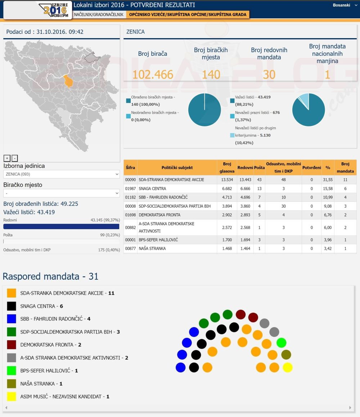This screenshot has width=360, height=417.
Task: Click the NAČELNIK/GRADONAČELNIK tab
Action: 99,14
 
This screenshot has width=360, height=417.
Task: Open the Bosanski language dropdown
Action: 344,5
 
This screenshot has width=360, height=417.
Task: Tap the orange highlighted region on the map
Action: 68,81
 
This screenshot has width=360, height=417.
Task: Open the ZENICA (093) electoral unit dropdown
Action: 61,174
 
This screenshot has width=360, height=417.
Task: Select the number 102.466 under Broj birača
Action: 153,74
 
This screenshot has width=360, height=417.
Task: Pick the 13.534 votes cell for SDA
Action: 227,180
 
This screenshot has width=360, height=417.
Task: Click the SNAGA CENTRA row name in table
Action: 152,189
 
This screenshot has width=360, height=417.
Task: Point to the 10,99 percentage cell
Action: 328,198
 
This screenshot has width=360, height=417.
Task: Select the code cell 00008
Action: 130,206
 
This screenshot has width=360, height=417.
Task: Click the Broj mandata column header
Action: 345,168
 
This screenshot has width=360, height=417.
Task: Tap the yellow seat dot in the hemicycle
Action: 288,367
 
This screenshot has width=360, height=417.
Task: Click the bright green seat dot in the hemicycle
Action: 281,343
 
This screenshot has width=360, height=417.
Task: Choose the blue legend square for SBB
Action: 12,319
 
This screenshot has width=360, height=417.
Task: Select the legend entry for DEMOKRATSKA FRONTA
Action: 50,345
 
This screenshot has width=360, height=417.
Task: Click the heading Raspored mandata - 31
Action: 50,276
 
